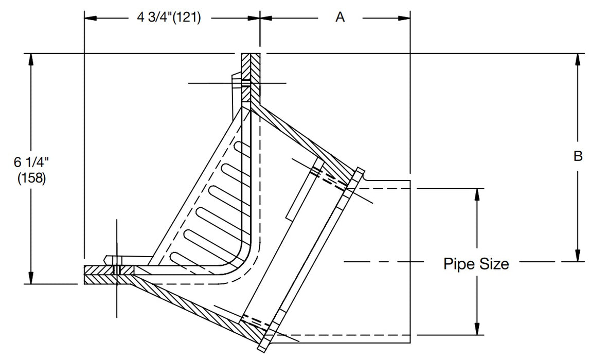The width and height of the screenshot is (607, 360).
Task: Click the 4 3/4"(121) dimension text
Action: pos(169,17)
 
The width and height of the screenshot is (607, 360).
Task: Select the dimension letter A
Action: pos(340,17)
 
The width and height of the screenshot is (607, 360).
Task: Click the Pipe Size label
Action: pos(476,264)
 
